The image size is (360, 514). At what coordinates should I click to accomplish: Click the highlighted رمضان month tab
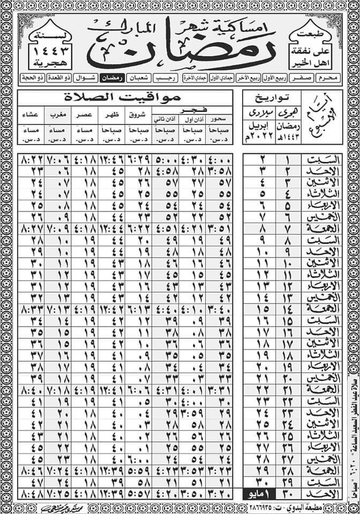[x=113, y=78]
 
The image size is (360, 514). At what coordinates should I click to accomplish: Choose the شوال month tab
[x=86, y=78]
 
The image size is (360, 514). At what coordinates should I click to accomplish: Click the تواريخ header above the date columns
[x=271, y=97]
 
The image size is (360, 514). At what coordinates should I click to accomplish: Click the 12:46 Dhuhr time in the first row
[x=111, y=160]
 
